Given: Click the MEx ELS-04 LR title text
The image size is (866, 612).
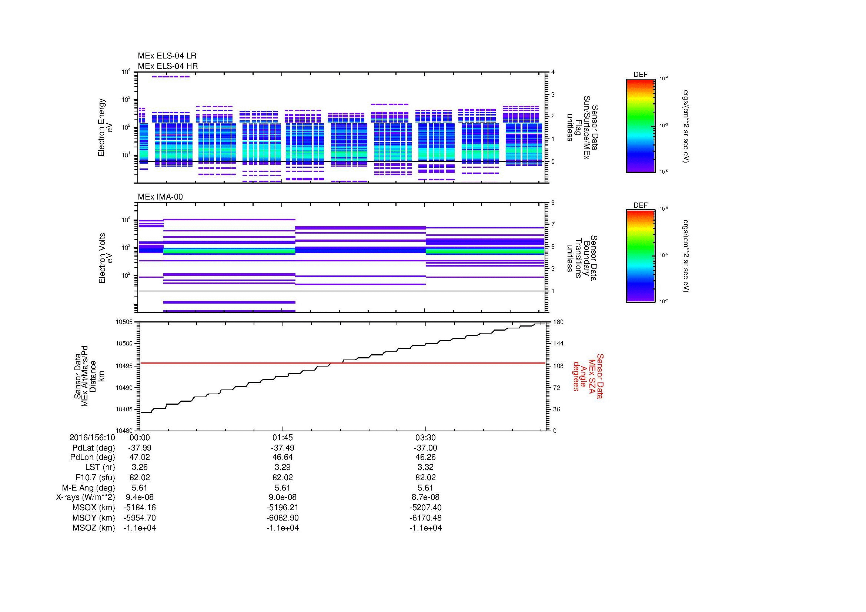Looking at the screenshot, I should [167, 56].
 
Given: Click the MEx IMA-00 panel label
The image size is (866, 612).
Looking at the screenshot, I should [160, 197].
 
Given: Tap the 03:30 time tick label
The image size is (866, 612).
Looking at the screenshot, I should [425, 438].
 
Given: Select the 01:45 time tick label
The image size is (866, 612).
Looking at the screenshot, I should [282, 438].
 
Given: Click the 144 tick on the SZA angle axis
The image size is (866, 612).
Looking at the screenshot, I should [558, 344].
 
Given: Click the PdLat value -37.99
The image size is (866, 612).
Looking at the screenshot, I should [140, 448].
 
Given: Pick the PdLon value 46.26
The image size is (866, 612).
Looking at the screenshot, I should [425, 457].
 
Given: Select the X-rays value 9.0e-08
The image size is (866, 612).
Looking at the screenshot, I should [282, 497].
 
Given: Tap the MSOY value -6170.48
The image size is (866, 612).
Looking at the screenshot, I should [425, 518].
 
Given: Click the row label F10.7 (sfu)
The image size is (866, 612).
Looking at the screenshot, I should [95, 477].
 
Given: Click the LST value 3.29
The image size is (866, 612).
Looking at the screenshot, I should [282, 467].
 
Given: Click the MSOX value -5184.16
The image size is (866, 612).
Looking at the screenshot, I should [140, 508].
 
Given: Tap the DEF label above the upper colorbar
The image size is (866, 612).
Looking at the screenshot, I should [641, 75].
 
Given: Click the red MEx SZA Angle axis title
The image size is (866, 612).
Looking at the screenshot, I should [588, 376].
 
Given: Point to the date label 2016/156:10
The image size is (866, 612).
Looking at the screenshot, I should [93, 438].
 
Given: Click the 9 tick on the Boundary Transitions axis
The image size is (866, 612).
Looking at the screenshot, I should [553, 203].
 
